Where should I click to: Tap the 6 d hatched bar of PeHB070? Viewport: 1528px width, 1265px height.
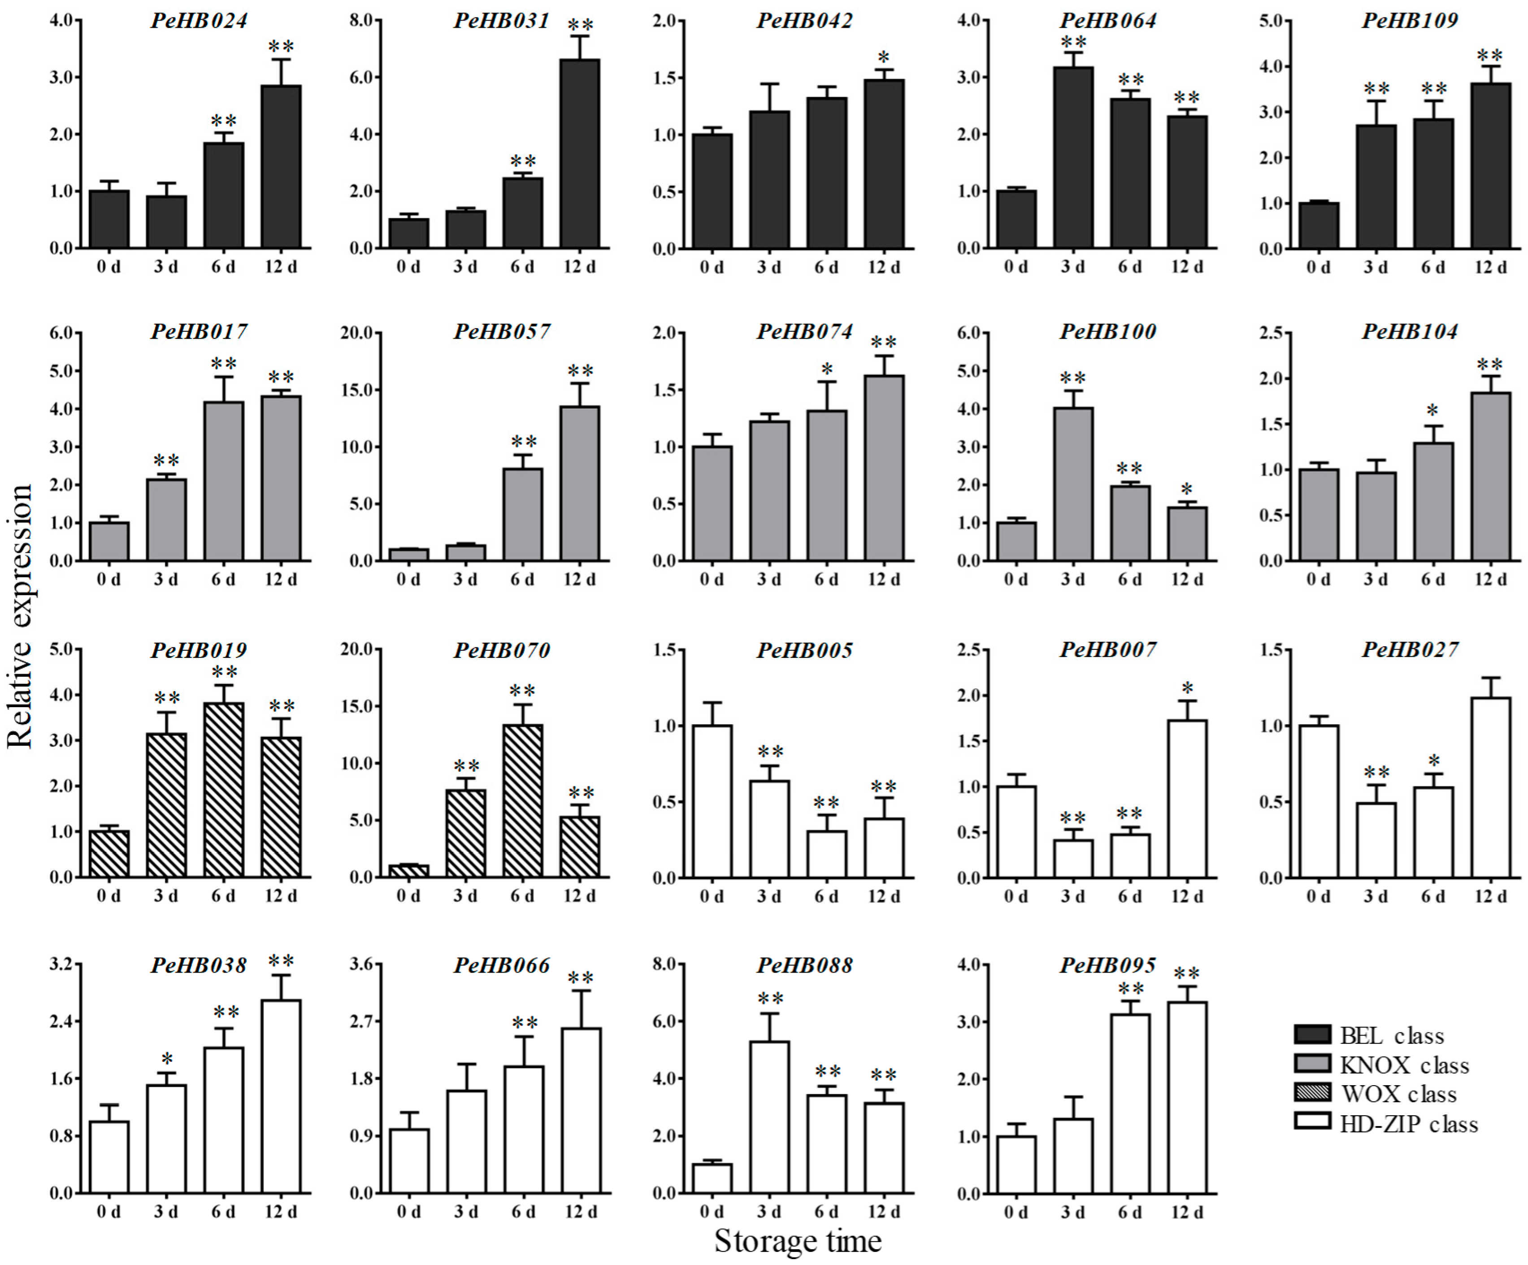pyautogui.click(x=522, y=800)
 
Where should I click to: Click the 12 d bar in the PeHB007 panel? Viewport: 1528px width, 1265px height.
pyautogui.click(x=1188, y=799)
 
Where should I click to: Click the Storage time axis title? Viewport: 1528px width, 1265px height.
pyautogui.click(x=798, y=1241)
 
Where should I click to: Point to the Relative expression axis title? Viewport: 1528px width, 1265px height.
pyautogui.click(x=20, y=616)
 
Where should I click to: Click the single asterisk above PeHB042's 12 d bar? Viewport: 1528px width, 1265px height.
pyautogui.click(x=883, y=57)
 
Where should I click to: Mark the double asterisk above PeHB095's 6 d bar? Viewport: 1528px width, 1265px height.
pyautogui.click(x=1130, y=988)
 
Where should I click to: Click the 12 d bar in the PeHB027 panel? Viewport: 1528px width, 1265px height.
pyautogui.click(x=1490, y=787)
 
